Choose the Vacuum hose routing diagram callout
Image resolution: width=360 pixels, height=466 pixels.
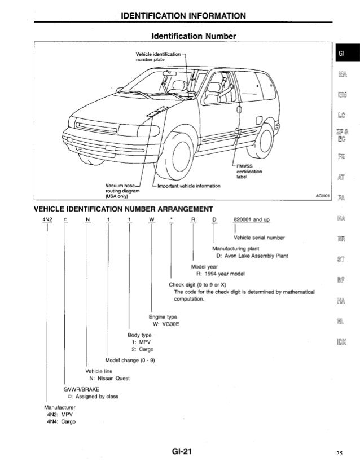tap(122, 191)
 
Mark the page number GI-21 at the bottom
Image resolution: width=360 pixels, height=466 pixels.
tap(180, 452)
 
